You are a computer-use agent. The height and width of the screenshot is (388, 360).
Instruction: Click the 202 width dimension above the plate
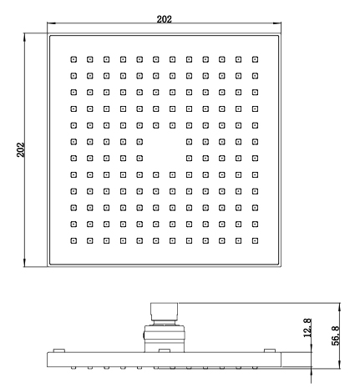point(165,19)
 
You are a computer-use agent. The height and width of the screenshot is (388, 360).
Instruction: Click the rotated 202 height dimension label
point(21,149)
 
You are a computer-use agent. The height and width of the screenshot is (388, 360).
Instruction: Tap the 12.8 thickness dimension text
point(307,328)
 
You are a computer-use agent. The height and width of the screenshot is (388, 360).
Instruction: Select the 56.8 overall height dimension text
point(336,335)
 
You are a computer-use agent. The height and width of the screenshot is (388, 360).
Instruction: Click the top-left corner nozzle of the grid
point(74,59)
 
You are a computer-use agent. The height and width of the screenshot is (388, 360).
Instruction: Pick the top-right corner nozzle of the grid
point(255,59)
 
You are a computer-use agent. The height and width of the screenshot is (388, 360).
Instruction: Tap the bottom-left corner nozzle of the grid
point(74,240)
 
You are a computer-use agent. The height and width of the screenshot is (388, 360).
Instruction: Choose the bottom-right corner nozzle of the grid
point(255,240)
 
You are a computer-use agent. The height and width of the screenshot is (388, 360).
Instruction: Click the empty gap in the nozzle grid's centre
point(165,150)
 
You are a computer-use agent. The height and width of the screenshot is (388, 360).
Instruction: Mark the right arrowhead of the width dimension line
point(277,23)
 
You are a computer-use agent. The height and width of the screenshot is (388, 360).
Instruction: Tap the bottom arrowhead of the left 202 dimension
point(25,263)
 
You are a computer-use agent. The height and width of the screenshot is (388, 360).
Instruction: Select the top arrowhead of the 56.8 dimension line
point(340,307)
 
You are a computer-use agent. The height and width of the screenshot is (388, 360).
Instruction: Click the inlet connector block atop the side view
point(165,312)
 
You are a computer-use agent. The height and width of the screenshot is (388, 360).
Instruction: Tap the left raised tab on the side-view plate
point(59,350)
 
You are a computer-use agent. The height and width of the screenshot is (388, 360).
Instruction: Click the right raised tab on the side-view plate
point(270,350)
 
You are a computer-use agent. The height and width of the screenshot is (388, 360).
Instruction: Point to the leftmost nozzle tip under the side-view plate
point(74,368)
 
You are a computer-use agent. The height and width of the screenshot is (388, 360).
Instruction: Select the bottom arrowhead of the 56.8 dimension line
point(340,365)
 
